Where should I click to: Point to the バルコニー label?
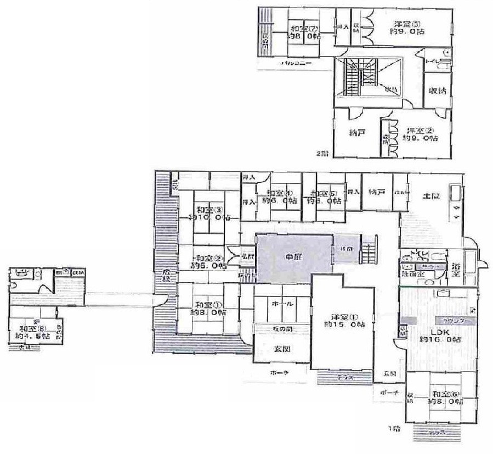tap(297, 64)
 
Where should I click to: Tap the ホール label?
tap(284, 303)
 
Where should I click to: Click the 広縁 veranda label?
tap(166, 273)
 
